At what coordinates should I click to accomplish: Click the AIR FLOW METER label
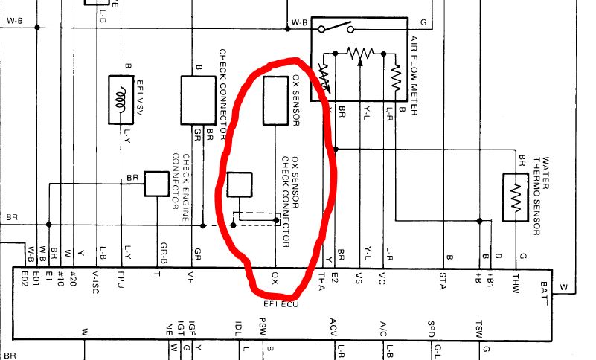[x=414, y=74]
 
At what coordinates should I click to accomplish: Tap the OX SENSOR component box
[x=275, y=100]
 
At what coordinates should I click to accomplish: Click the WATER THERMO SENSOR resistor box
[x=515, y=197]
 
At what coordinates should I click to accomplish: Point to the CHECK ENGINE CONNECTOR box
[x=156, y=184]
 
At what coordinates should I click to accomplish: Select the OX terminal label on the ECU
[x=275, y=280]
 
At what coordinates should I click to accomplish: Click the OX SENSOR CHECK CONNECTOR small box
[x=239, y=184]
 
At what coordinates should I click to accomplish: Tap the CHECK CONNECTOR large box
[x=198, y=100]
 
